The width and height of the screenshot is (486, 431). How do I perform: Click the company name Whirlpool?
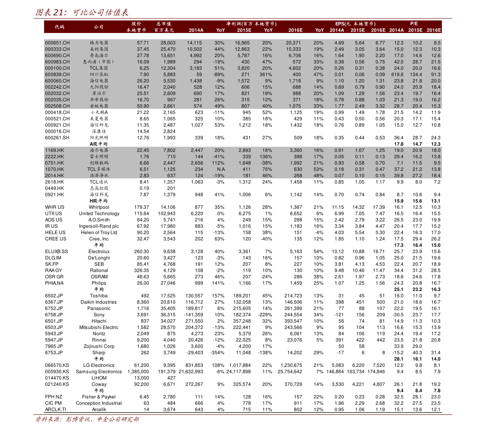[x=99, y=207]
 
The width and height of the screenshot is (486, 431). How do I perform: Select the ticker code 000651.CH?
[x=57, y=42]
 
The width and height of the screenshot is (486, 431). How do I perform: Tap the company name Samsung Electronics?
[x=99, y=372]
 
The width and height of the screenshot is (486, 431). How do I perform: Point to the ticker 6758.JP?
[x=54, y=315]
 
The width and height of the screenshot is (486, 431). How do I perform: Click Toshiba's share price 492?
[x=145, y=296]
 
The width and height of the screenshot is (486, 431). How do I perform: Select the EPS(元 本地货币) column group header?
[x=355, y=24]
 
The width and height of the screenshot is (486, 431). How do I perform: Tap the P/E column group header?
[x=414, y=24]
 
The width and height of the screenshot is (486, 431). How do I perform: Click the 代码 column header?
[x=60, y=27]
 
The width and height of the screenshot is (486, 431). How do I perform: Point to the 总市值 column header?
[x=164, y=24]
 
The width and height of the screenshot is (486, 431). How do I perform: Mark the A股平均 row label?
[x=99, y=144]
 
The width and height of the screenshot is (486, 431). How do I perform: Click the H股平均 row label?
[x=99, y=201]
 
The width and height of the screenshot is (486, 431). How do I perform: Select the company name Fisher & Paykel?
[x=99, y=397]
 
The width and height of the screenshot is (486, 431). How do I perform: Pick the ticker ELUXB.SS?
[x=56, y=252]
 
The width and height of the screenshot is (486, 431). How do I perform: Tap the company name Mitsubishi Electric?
[x=99, y=327]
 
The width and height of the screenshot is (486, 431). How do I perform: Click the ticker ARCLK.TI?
[x=55, y=409]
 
